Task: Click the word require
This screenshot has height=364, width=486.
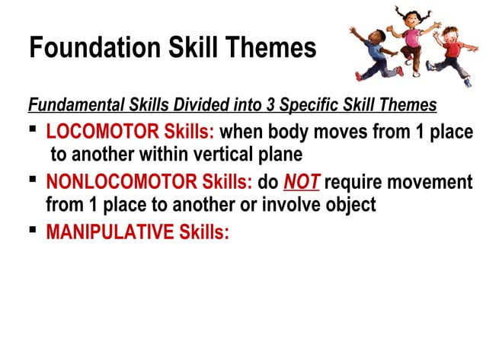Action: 357,183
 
